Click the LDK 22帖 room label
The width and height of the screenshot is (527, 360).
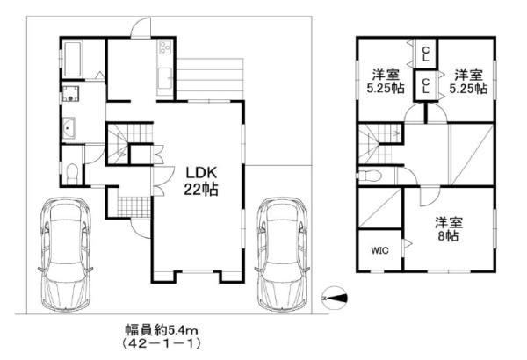coord(200,181)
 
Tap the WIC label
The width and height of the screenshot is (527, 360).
coord(380,250)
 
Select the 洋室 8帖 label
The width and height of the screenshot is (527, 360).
coord(449,229)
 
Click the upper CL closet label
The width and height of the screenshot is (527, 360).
coord(425,54)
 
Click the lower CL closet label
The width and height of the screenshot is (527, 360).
coord(425,86)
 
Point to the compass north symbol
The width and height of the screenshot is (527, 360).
coord(335,298)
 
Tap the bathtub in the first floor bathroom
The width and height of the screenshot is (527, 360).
coord(73,59)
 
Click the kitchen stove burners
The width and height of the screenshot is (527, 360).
coord(165,47)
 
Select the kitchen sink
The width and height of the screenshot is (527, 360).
coord(165,77)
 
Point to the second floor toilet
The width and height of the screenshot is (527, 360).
coord(370,176)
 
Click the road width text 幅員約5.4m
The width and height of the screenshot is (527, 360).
coord(162,330)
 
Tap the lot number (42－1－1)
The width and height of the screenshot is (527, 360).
coord(162,343)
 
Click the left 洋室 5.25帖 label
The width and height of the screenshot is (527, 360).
coord(386,81)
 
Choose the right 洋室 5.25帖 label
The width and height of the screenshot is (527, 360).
coord(468,81)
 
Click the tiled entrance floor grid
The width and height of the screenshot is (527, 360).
coord(134,206)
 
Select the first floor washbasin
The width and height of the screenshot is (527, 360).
coord(69,128)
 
